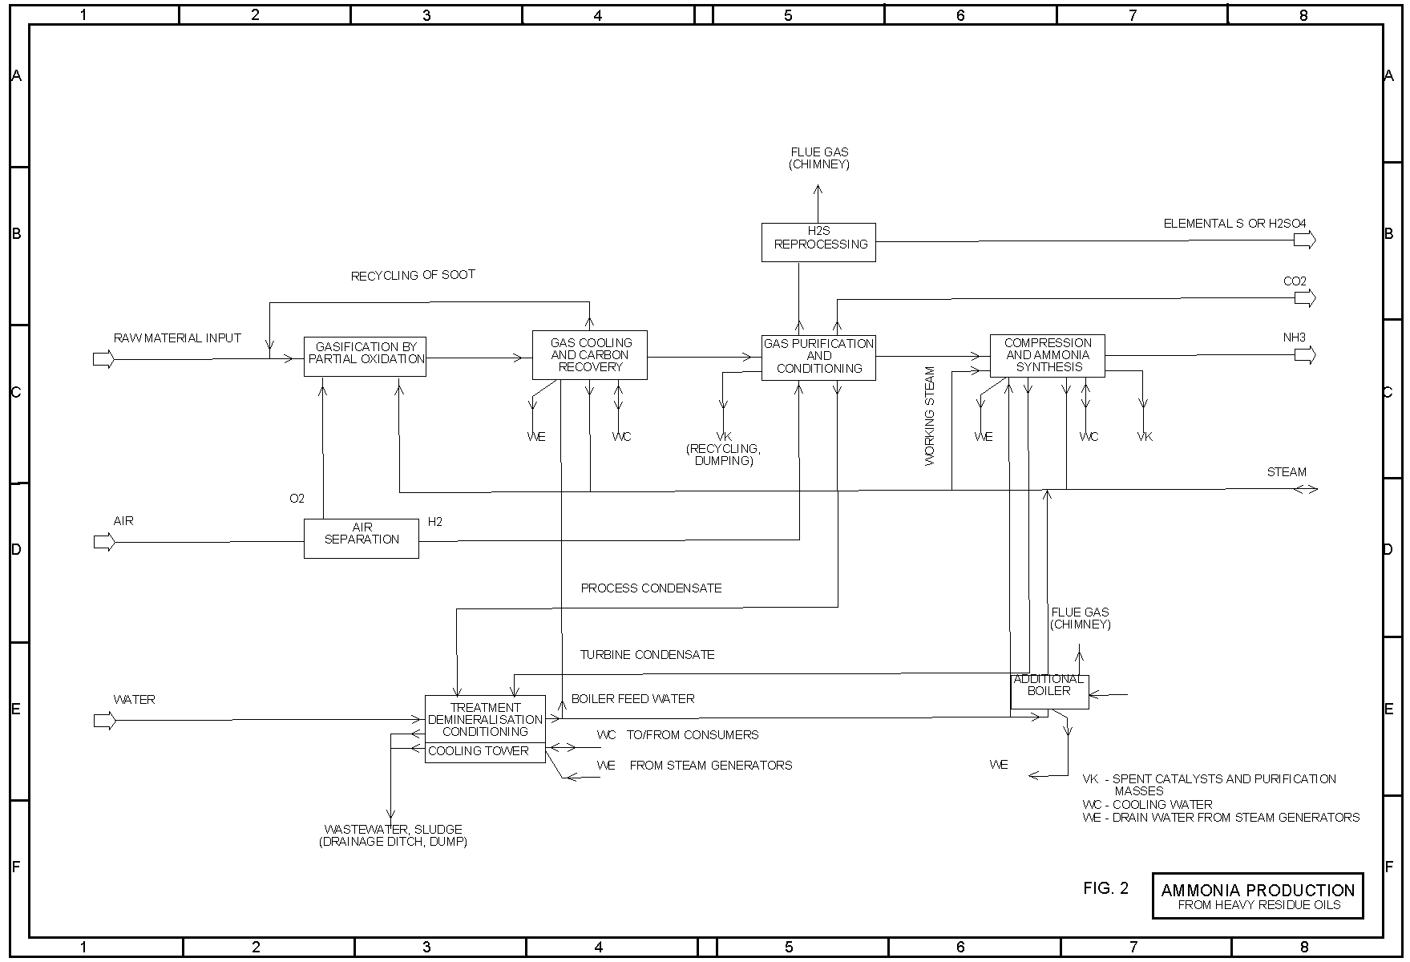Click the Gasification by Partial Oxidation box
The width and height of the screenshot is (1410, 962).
365,356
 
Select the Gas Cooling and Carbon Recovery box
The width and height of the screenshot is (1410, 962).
589,355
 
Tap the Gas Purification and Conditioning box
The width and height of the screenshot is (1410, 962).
818,357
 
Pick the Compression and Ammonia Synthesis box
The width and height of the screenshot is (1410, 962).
1047,355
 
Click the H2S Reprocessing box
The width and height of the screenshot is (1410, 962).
818,242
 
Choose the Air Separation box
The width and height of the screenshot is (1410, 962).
362,538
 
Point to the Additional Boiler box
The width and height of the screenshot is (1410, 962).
1049,690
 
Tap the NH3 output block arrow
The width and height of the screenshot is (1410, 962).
1305,355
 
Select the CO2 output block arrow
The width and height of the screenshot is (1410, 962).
1305,298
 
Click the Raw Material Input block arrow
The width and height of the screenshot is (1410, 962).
104,359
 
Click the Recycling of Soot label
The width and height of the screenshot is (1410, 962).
413,275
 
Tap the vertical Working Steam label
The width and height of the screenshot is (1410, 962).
930,416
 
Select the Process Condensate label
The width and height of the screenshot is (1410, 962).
651,588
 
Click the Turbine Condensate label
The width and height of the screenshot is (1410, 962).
647,655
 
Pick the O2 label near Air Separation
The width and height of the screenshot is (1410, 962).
297,499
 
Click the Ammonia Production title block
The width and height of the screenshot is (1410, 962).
1257,895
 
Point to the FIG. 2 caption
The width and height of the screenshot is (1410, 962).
1105,888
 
